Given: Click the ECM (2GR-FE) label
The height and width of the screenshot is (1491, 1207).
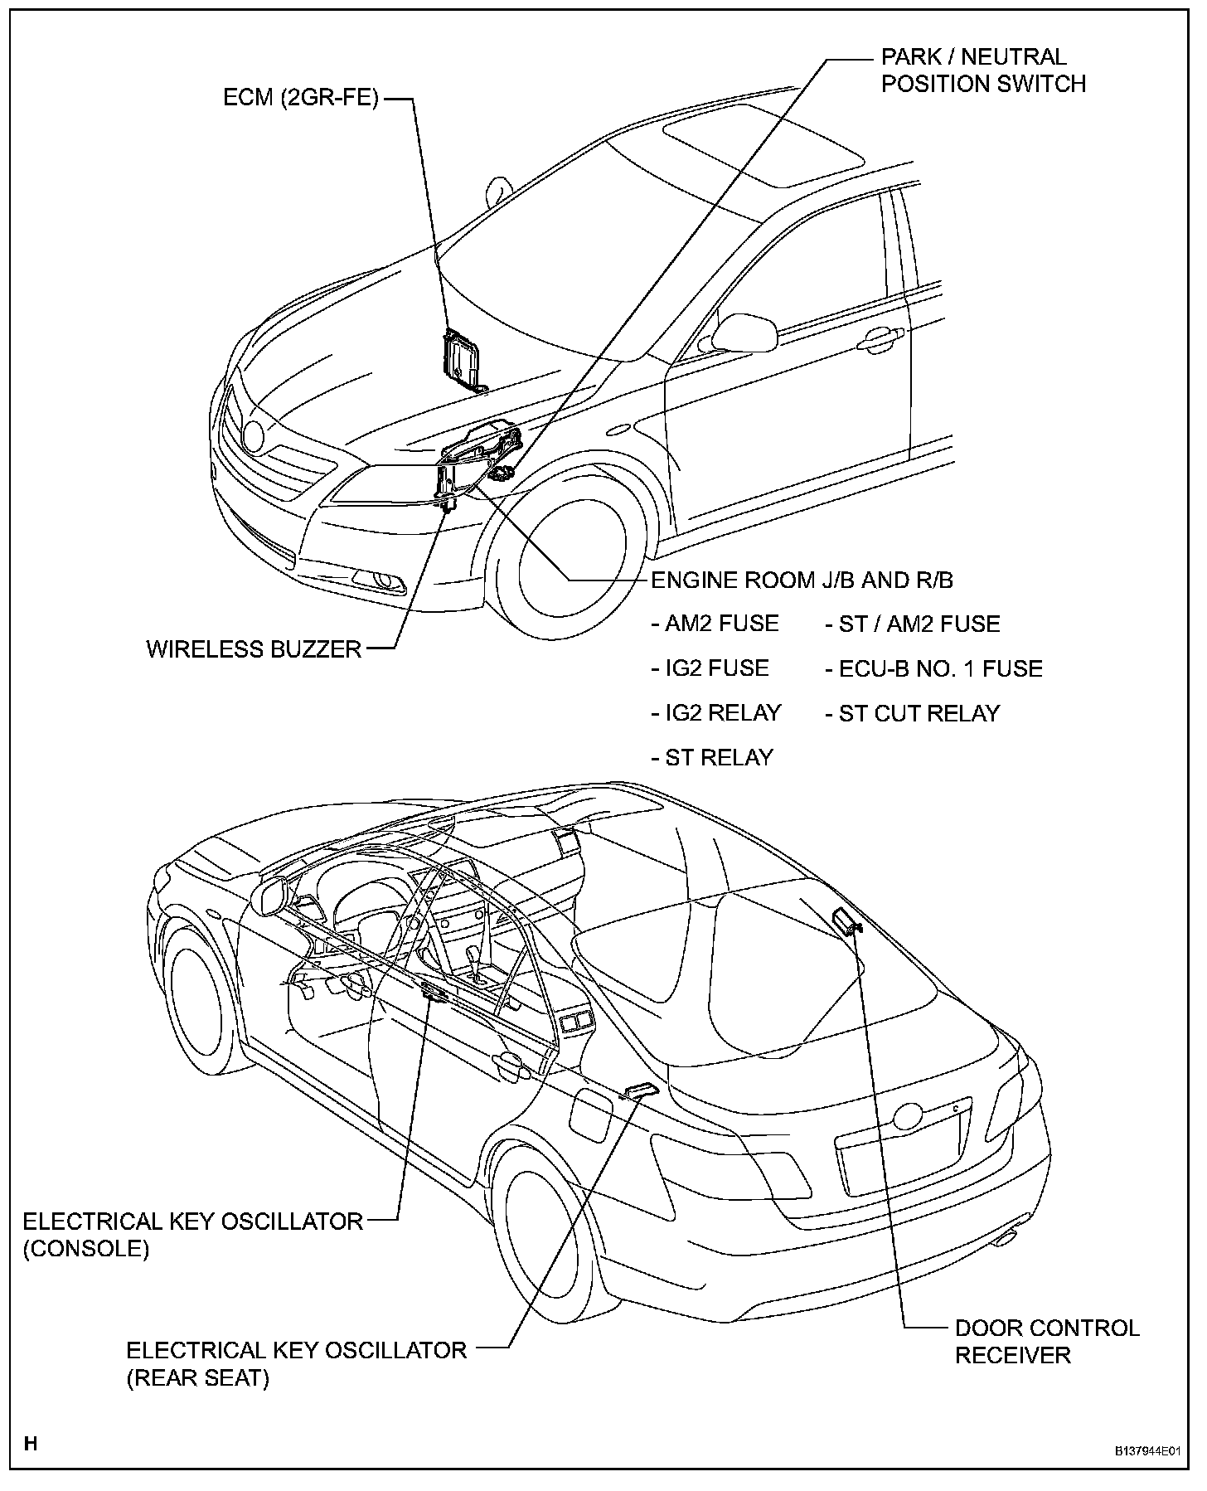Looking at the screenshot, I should pos(300,98).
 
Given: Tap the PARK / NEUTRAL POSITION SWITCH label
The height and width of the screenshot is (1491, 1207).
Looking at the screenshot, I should pos(982,70).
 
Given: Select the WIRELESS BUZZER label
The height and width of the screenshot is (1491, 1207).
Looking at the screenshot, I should pos(254,648).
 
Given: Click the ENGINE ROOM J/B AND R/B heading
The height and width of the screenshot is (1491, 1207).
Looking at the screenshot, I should pos(802,580).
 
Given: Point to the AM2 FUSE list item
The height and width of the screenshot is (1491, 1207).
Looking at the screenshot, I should pos(715,624).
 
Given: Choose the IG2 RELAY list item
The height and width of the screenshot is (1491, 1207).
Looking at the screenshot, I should pos(716,712).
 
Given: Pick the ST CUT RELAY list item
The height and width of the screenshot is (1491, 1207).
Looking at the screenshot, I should pos(913,712).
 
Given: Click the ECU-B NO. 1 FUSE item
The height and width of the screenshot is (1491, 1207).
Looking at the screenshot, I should pos(933,668).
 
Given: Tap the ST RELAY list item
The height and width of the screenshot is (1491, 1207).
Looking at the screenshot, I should pos(712,757).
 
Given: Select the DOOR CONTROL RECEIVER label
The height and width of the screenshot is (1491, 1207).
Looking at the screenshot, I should pos(1046,1342).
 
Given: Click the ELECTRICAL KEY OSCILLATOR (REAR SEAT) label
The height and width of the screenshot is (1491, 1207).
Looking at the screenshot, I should pos(296,1364).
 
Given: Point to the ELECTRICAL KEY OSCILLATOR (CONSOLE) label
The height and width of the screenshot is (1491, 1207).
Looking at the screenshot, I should pos(192,1234).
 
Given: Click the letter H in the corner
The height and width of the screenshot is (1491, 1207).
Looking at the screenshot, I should pos(31,1444).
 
